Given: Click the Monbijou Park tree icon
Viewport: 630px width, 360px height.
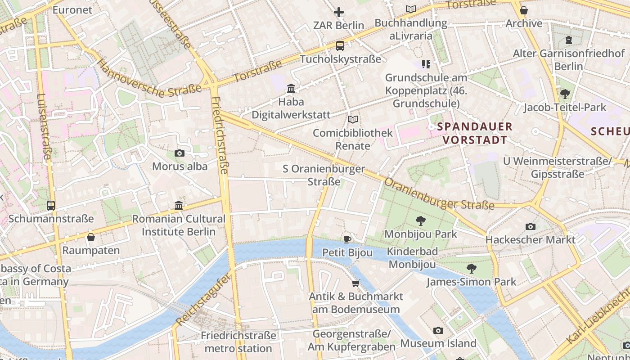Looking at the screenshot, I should click(421, 220).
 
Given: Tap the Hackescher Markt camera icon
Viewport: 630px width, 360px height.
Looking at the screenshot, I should click(531, 226).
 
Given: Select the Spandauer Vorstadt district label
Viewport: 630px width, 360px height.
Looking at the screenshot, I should click(475, 133).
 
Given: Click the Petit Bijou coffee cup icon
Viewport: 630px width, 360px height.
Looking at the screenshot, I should click(347, 239).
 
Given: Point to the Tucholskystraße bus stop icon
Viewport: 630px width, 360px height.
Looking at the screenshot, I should click(340, 45).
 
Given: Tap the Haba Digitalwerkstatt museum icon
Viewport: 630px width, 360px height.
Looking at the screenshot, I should click(291, 88).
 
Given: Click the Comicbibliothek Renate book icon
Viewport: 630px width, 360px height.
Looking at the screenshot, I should click(353, 120).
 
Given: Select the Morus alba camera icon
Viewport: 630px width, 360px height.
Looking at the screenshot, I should click(180, 153).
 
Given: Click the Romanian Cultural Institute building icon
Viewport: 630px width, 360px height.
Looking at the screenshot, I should click(179, 206).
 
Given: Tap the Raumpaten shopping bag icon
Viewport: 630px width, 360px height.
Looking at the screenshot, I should click(91, 237).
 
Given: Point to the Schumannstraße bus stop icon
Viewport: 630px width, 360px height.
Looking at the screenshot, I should click(51, 206).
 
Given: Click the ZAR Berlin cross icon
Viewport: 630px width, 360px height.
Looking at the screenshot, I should click(339, 12).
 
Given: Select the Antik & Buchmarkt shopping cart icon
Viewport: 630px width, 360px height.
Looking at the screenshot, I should click(356, 283).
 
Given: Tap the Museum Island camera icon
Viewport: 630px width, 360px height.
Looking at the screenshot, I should click(438, 330).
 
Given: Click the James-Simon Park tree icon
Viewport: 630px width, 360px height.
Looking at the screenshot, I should click(472, 269).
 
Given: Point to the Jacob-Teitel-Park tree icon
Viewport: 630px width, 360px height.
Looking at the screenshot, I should click(565, 94).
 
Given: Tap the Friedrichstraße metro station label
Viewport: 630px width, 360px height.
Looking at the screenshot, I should click(238, 342).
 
